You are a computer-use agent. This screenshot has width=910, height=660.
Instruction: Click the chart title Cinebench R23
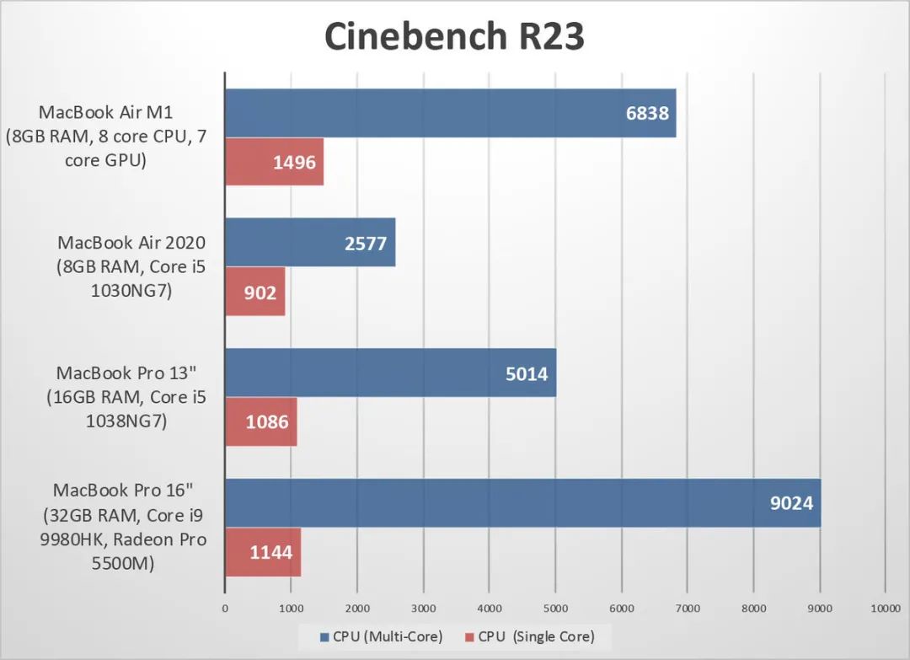(454, 39)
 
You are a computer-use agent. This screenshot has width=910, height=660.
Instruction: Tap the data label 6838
(647, 113)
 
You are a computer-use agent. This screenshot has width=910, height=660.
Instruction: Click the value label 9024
(792, 503)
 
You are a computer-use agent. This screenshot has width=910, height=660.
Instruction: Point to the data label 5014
(527, 373)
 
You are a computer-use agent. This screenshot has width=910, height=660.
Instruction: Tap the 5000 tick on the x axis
(554, 608)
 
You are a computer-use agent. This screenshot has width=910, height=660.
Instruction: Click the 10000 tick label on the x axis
(884, 608)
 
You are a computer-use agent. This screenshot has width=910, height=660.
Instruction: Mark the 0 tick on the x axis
(225, 608)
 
